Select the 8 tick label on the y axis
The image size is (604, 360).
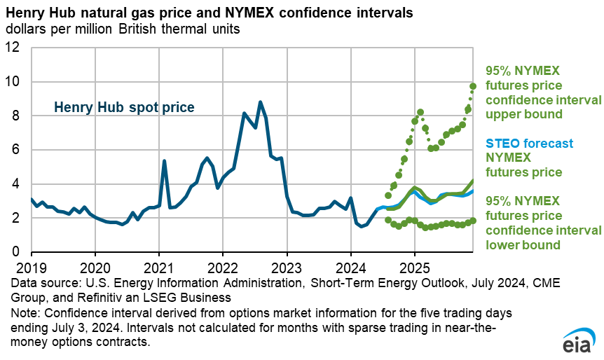[x=20, y=116]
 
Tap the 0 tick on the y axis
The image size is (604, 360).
[x=20, y=252]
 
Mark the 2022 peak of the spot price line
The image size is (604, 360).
[x=261, y=102]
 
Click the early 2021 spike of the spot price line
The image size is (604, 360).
[x=164, y=161]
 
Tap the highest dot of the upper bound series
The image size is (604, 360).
[x=473, y=85]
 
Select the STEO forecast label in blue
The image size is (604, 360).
[x=527, y=144]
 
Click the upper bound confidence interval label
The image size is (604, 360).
[x=542, y=92]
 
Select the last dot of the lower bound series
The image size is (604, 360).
[x=473, y=221]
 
